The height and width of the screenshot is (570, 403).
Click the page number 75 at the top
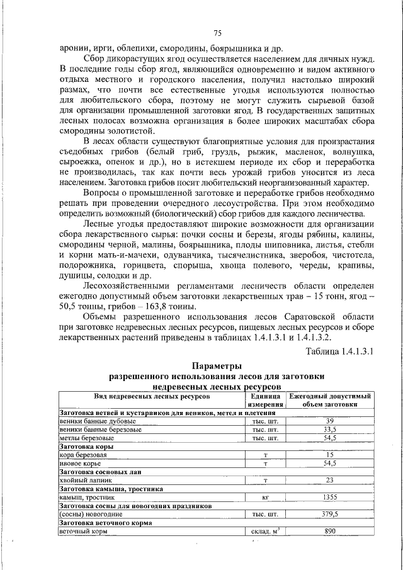(x=217, y=33)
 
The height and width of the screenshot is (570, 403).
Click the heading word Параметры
(x=217, y=366)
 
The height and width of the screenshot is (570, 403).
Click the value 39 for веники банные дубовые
(x=329, y=420)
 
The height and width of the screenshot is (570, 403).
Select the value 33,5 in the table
(x=329, y=429)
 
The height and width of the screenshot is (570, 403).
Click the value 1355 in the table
(x=329, y=497)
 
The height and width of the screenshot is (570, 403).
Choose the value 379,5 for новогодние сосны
(x=329, y=514)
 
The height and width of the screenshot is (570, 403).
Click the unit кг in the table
(x=265, y=497)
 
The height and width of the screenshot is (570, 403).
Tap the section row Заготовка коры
(x=86, y=446)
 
